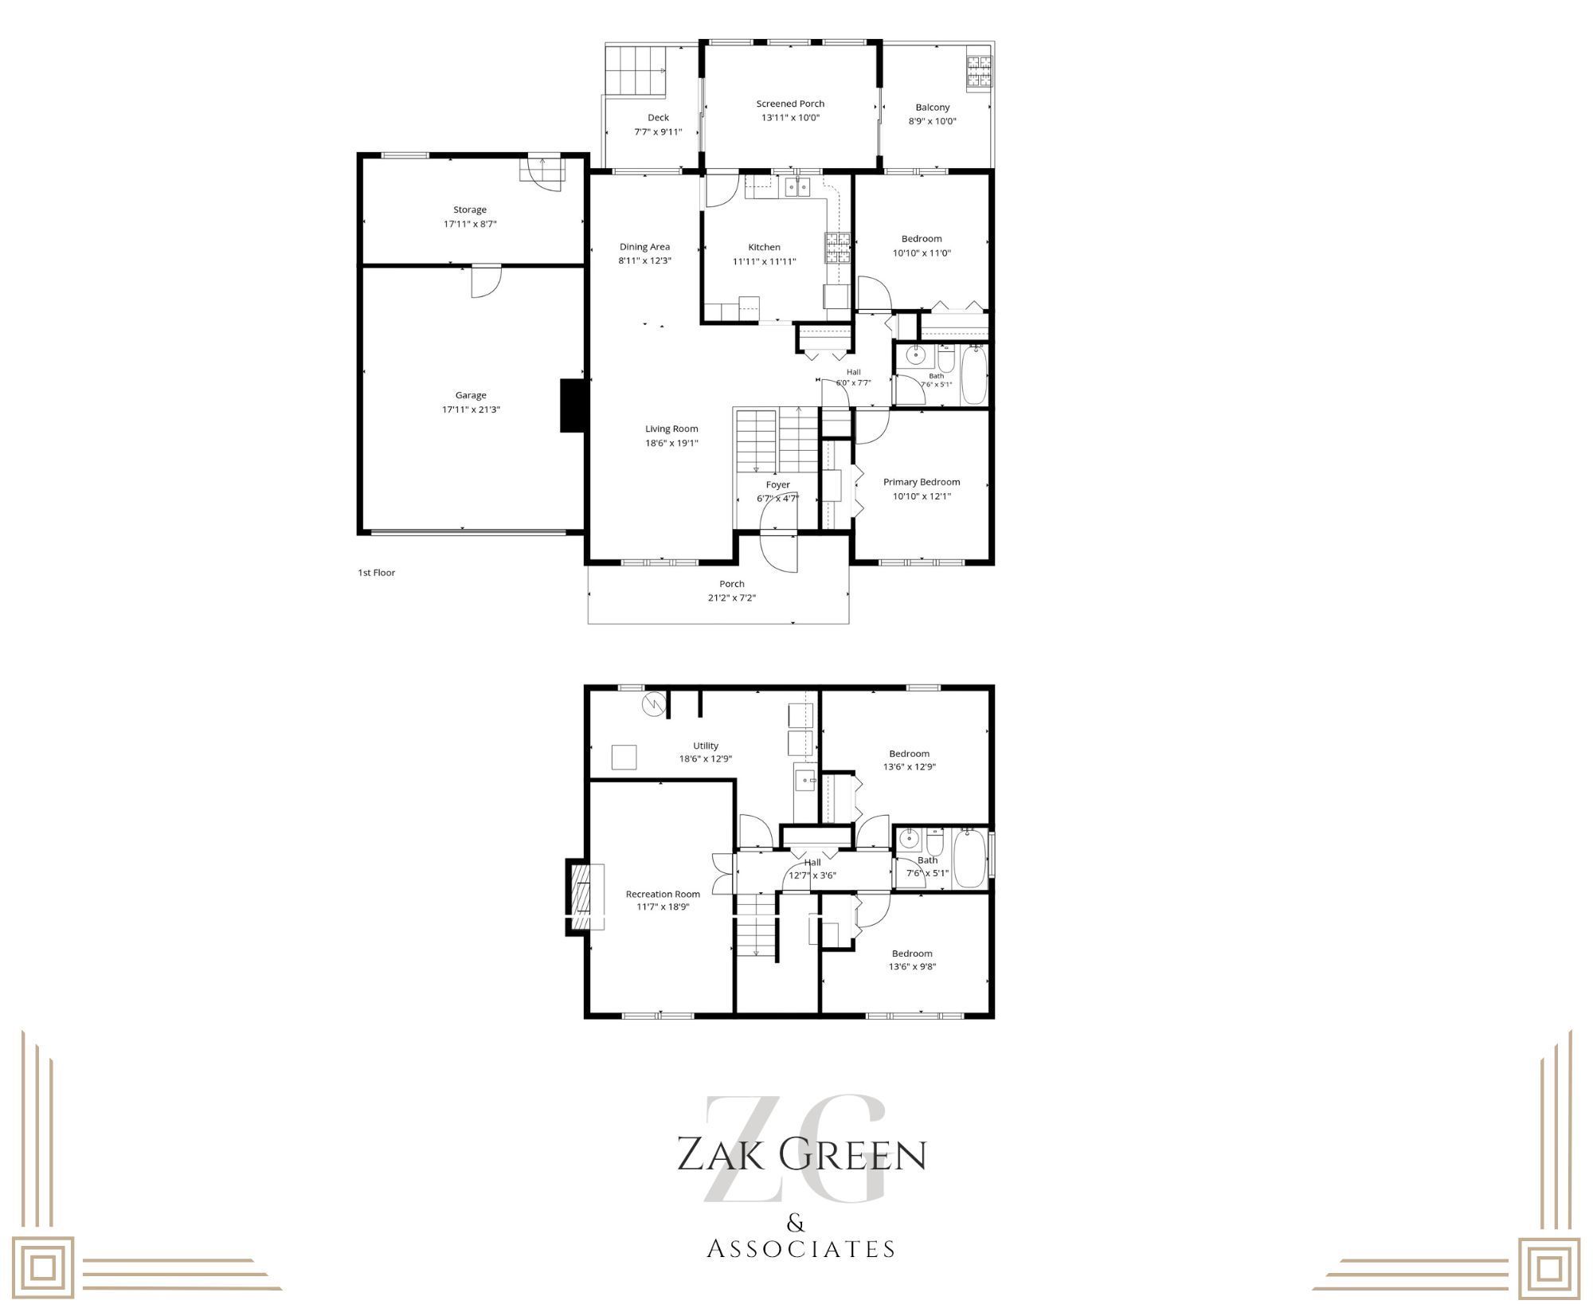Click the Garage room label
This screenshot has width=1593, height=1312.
click(471, 395)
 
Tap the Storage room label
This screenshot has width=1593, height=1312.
click(470, 210)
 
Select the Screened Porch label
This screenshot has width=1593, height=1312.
click(790, 104)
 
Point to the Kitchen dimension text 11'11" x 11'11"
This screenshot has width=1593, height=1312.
click(765, 261)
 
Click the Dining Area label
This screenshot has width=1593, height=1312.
click(645, 247)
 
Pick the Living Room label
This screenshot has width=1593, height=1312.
click(671, 429)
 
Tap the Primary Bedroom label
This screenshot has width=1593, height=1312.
click(922, 482)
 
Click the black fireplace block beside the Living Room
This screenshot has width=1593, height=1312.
click(573, 405)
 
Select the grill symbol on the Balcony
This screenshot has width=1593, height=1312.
click(979, 71)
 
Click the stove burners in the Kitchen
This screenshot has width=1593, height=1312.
click(837, 247)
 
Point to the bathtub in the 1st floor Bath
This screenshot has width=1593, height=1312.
click(973, 374)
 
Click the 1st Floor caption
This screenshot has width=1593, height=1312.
click(377, 573)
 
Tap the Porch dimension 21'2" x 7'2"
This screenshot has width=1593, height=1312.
click(732, 598)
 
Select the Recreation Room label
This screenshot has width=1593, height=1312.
click(663, 894)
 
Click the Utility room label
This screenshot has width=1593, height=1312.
click(706, 746)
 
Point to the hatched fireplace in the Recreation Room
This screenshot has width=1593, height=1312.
click(585, 897)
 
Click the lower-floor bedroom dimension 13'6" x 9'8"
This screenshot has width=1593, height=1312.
click(912, 967)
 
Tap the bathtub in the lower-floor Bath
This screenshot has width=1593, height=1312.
click(970, 858)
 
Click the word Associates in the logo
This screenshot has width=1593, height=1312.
click(801, 1248)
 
